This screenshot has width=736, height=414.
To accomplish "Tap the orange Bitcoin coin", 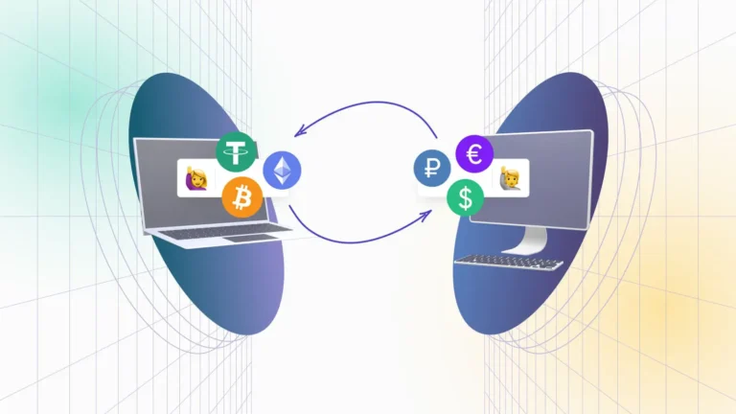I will (x=242, y=198).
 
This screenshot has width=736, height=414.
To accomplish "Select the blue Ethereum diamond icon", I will (x=282, y=171).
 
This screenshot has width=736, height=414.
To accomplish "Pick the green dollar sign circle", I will (x=466, y=197).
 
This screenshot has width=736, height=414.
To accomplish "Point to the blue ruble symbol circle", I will (x=432, y=169).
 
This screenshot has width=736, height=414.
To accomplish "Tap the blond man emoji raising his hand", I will (x=509, y=178).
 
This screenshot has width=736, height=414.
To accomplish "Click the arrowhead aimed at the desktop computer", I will (x=425, y=217).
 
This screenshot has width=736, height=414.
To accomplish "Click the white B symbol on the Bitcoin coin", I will (x=242, y=198).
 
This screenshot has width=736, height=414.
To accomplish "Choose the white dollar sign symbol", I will (x=466, y=197).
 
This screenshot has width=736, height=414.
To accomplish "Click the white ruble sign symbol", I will (x=432, y=169).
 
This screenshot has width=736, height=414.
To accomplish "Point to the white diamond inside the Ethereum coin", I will (x=282, y=171).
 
